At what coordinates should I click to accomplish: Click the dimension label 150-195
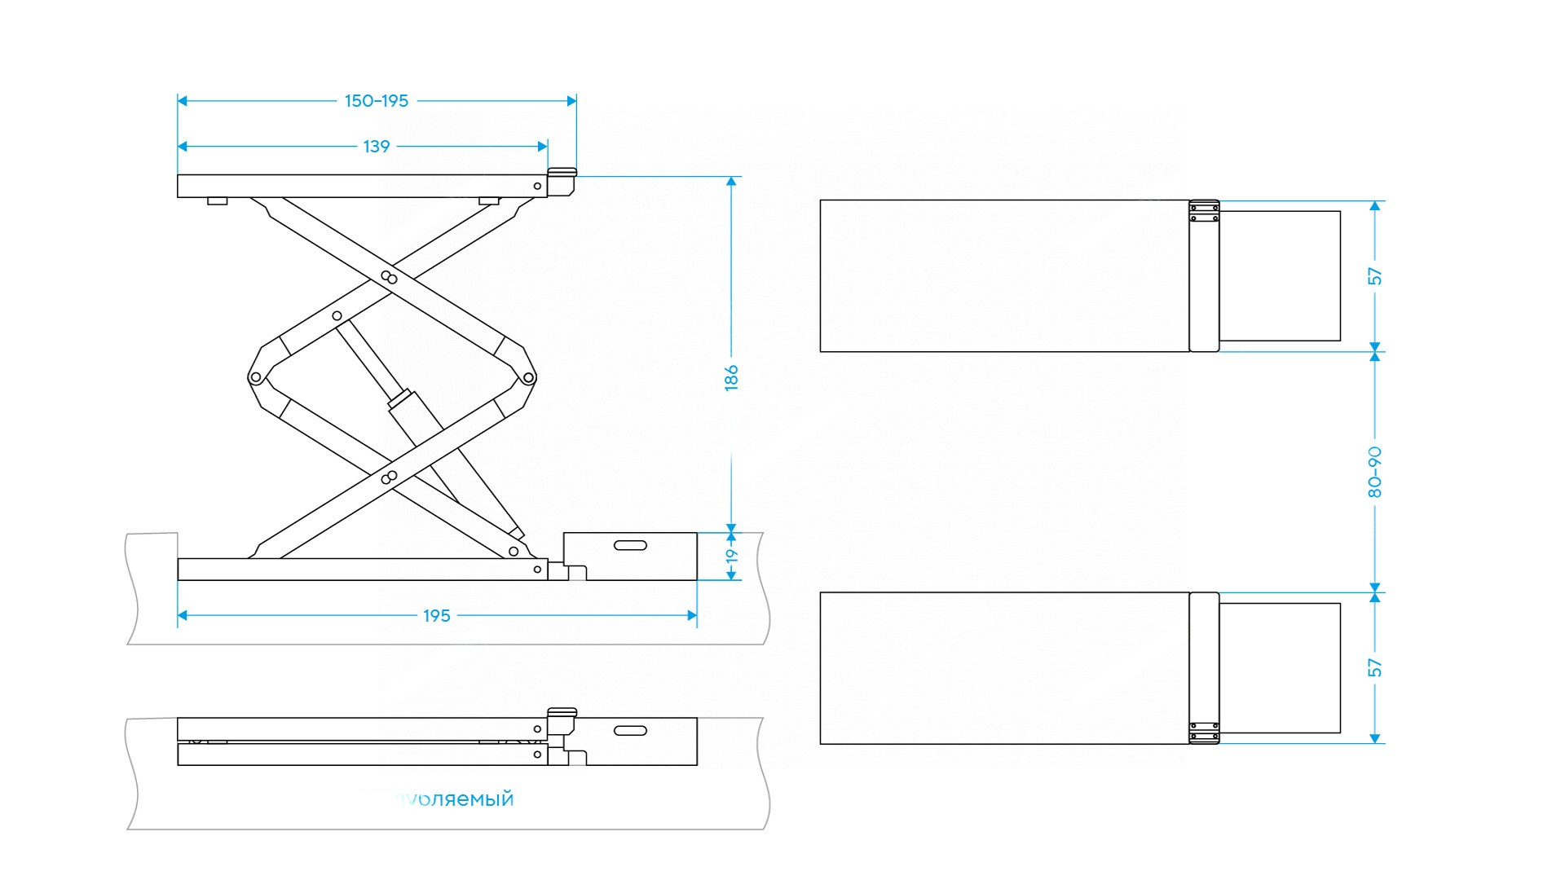click(377, 101)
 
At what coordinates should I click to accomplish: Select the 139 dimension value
click(377, 147)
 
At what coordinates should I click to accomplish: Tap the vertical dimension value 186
click(731, 378)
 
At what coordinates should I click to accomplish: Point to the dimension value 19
click(732, 557)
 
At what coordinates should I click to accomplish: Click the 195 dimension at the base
click(437, 616)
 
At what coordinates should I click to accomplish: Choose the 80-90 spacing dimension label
click(1375, 472)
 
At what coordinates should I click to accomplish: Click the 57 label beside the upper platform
click(1375, 276)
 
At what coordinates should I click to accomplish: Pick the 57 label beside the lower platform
click(1375, 667)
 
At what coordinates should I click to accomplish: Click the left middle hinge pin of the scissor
click(255, 377)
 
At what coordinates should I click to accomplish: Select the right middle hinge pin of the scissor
click(528, 377)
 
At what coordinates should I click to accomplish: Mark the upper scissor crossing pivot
click(390, 278)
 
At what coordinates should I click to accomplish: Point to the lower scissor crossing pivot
click(390, 477)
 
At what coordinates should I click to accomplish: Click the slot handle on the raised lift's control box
click(630, 545)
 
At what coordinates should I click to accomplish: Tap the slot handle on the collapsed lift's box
click(630, 730)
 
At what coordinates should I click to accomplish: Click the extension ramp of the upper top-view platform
click(1280, 276)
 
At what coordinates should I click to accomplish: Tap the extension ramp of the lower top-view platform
click(1280, 668)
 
